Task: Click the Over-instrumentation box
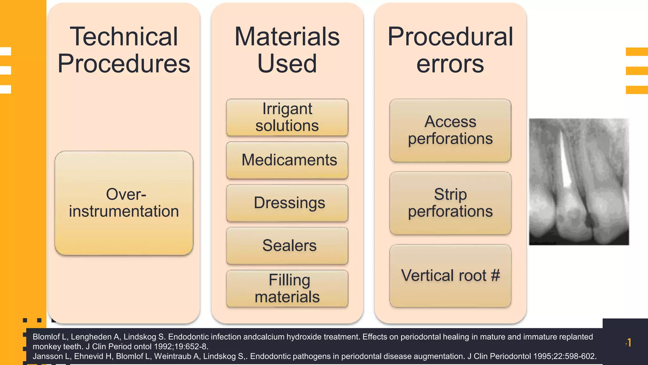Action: (124, 203)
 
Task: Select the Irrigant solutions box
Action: (287, 117)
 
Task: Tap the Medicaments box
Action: (287, 160)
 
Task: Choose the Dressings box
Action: (287, 203)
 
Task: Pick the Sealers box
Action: (287, 246)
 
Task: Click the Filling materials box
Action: (287, 288)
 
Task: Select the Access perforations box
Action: (450, 130)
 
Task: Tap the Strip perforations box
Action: (450, 203)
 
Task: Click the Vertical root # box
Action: (450, 275)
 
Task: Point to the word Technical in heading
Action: (124, 37)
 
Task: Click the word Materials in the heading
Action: (287, 37)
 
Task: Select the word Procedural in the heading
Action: (450, 37)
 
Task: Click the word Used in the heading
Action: (287, 63)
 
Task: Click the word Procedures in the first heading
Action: (124, 63)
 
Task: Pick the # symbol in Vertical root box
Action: (495, 275)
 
